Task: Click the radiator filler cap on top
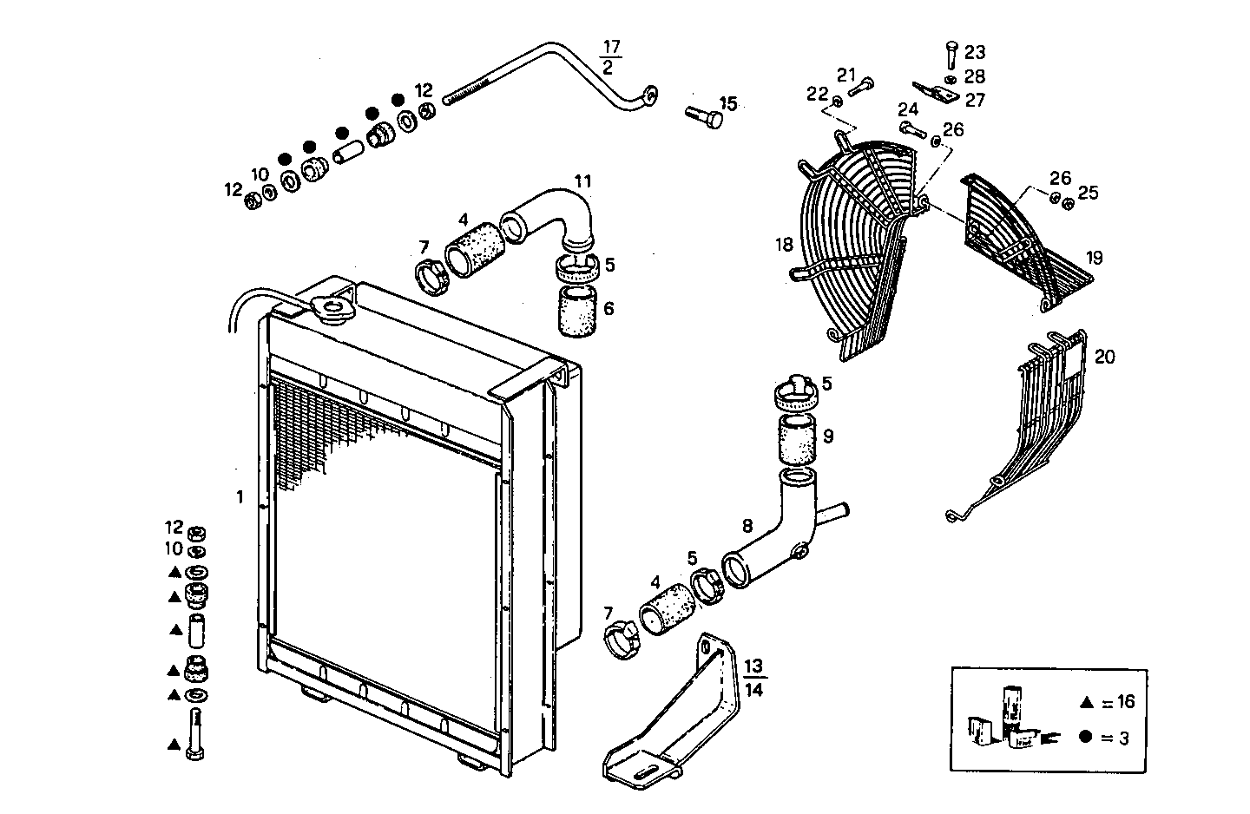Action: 331,308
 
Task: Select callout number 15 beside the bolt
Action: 727,104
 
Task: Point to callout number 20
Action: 1105,357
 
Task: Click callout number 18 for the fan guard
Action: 784,245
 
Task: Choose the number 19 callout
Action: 1094,258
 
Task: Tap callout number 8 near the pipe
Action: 747,525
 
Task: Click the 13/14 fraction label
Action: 754,678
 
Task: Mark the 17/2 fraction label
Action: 611,56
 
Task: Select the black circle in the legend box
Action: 1085,738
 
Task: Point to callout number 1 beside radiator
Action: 240,497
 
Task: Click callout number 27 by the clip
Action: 975,101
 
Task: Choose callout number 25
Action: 1088,193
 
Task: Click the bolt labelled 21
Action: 862,86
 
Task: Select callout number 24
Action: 908,110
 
